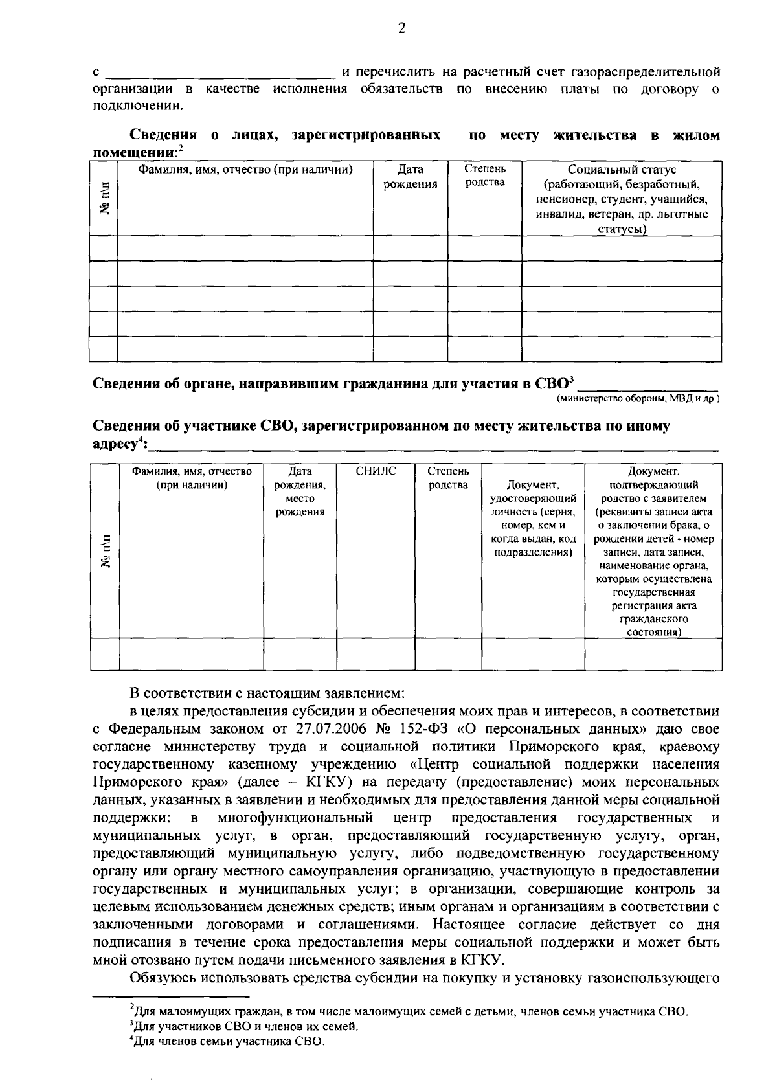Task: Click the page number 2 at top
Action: coord(401,28)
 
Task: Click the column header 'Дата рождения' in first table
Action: coord(410,177)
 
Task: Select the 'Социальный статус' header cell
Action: coord(622,199)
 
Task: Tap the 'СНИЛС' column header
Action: coord(376,471)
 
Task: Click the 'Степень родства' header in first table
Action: coord(485,175)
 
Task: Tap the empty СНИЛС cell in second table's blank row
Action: coord(376,654)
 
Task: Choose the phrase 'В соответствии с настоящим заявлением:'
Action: coord(267,693)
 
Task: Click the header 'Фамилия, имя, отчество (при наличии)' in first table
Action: coord(245,170)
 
